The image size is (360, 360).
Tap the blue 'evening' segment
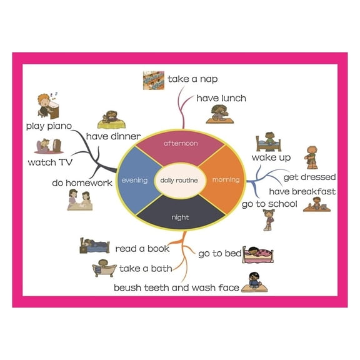click(x=134, y=181)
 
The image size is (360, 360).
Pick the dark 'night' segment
click(x=180, y=217)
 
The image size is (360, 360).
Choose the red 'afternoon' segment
click(x=180, y=144)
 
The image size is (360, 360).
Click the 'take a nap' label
click(x=192, y=79)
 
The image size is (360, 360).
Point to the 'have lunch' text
click(x=221, y=98)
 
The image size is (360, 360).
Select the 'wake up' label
click(x=271, y=157)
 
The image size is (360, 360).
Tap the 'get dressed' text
click(x=309, y=177)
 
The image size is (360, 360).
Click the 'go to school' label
click(x=269, y=204)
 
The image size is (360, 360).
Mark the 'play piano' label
click(x=49, y=126)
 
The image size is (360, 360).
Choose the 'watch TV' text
click(x=51, y=162)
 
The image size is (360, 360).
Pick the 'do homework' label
click(x=82, y=183)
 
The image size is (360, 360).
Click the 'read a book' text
click(x=142, y=249)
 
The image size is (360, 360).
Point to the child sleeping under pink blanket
click(x=258, y=254)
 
